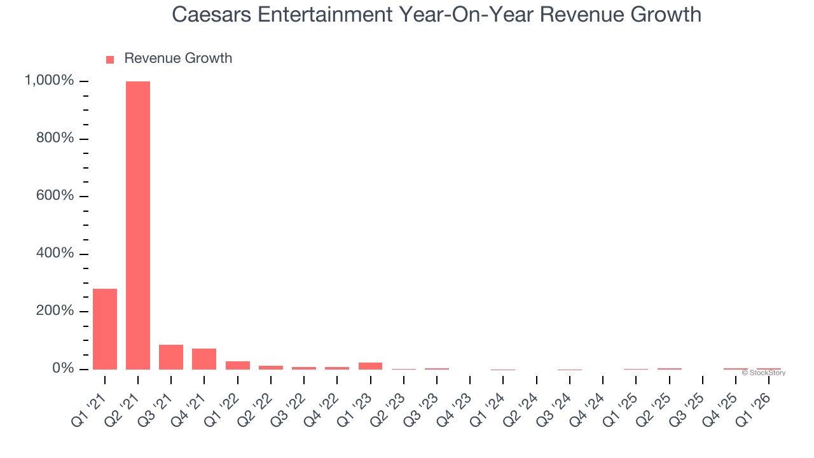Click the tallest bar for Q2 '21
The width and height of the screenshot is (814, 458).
coord(138,225)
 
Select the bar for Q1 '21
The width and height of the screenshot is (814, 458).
coord(105,329)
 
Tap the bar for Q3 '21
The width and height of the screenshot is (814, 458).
coord(171,357)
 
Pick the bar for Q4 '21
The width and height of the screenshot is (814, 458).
coord(204,359)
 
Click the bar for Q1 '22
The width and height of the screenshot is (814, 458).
coord(237,365)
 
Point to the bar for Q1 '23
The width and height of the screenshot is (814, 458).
coord(370,366)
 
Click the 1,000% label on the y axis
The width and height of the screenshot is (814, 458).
coord(50,81)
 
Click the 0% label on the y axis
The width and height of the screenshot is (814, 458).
coord(62,369)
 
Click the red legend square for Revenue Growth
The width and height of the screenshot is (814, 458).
coord(110,59)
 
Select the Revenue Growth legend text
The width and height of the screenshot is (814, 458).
coord(178,59)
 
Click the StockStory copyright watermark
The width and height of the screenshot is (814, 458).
coord(763,373)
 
